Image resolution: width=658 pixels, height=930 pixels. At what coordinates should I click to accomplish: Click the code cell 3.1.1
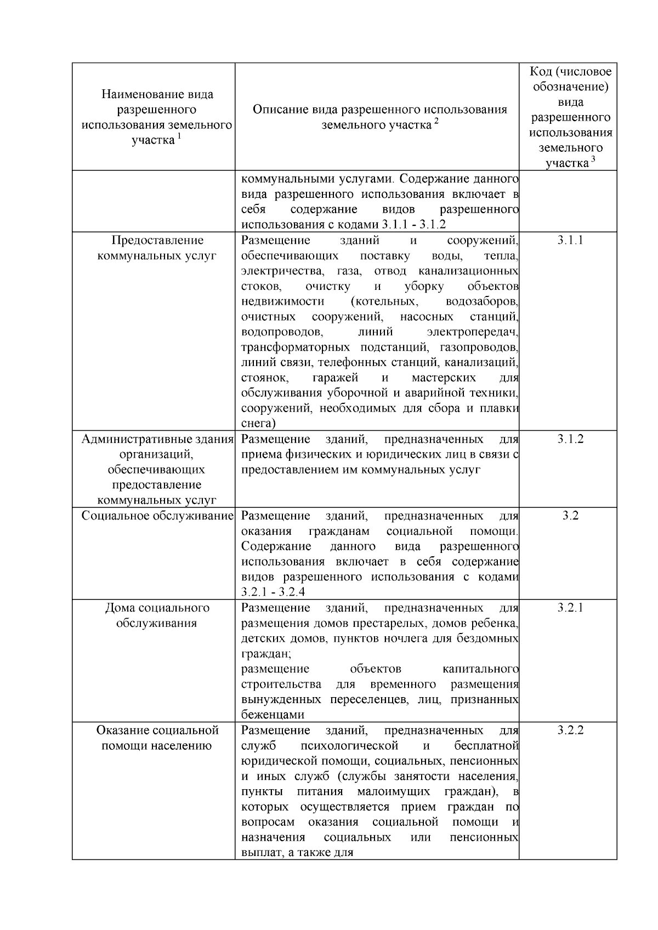click(570, 240)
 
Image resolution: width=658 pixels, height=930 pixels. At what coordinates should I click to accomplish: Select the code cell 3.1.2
click(570, 439)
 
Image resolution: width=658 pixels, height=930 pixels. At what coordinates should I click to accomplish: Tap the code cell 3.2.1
click(570, 608)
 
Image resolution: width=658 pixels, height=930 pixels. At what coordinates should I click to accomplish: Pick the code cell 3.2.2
click(570, 731)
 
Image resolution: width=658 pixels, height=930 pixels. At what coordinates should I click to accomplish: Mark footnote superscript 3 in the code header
click(592, 160)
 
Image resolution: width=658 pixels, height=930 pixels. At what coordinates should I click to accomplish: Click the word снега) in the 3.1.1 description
click(258, 424)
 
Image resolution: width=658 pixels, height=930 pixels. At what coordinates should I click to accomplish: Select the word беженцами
click(273, 715)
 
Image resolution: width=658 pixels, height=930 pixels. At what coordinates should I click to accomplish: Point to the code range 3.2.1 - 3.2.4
click(273, 592)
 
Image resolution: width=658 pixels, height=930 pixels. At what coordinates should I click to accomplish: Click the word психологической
click(349, 746)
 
